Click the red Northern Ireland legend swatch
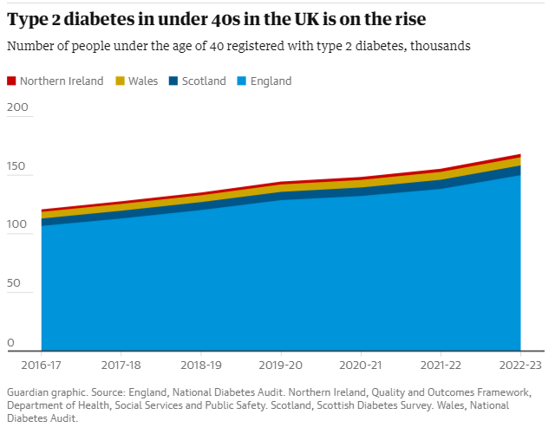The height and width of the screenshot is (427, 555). (12, 81)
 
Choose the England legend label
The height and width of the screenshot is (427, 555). (271, 81)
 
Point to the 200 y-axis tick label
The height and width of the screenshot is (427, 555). (18, 107)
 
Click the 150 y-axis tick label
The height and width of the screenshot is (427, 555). (18, 166)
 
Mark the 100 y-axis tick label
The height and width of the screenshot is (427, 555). (18, 225)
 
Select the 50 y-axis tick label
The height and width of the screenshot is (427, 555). (15, 284)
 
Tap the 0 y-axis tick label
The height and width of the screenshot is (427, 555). (11, 343)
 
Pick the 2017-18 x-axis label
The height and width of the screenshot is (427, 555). (121, 365)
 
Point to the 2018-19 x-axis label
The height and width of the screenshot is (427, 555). (201, 365)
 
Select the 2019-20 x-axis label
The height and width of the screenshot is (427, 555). (281, 365)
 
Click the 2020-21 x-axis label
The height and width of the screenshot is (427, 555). (361, 365)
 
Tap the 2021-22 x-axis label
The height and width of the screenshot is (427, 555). (441, 365)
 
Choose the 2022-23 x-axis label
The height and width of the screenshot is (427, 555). (520, 365)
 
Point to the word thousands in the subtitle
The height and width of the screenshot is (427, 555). (441, 46)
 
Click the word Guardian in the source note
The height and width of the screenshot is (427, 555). (30, 392)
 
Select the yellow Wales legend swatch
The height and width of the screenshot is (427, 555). (121, 81)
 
